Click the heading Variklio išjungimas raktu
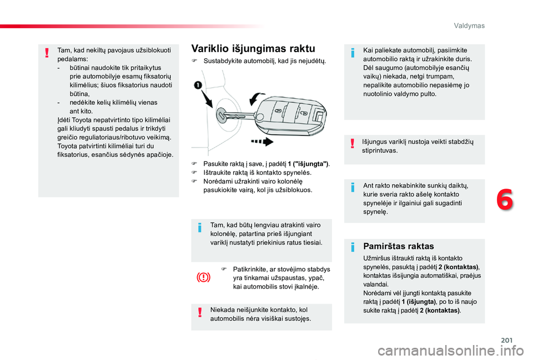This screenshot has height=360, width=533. click(x=253, y=48)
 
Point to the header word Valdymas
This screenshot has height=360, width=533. click(x=469, y=26)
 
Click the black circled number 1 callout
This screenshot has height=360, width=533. click(x=198, y=85)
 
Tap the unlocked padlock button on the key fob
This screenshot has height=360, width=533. click(x=304, y=113)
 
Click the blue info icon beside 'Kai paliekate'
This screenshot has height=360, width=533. click(x=354, y=53)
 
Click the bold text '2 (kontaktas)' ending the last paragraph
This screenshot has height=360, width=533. click(x=440, y=310)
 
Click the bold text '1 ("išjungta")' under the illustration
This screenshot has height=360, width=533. click(x=308, y=164)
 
